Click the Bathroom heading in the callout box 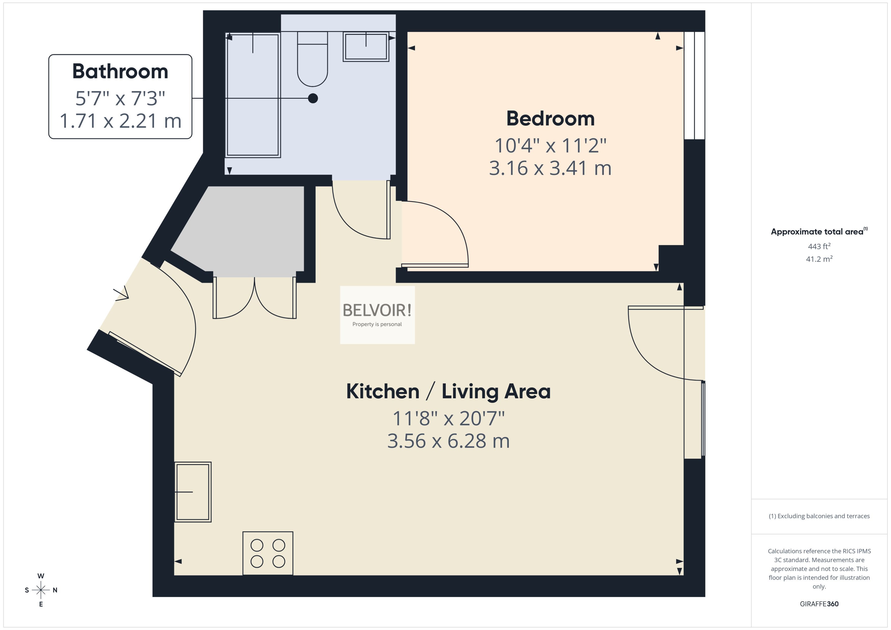click(x=120, y=71)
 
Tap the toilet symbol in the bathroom click(x=312, y=62)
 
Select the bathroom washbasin click(x=366, y=47)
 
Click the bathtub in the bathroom click(x=253, y=95)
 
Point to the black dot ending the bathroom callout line click(x=313, y=98)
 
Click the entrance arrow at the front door click(x=121, y=295)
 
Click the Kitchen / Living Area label click(x=448, y=391)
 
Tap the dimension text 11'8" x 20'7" click(x=448, y=419)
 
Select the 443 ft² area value click(x=819, y=246)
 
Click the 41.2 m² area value click(x=819, y=259)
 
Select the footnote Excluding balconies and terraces click(x=819, y=516)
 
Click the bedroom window click(x=694, y=85)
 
